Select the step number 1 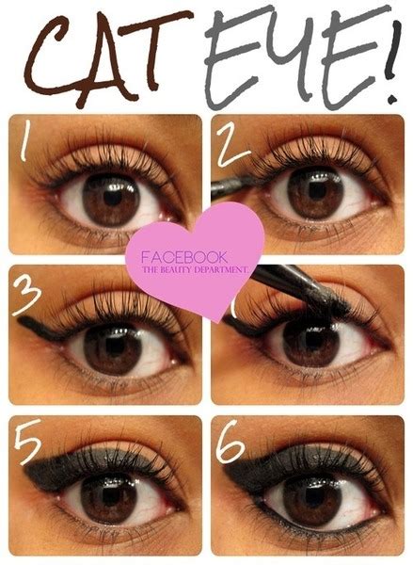(28, 147)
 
